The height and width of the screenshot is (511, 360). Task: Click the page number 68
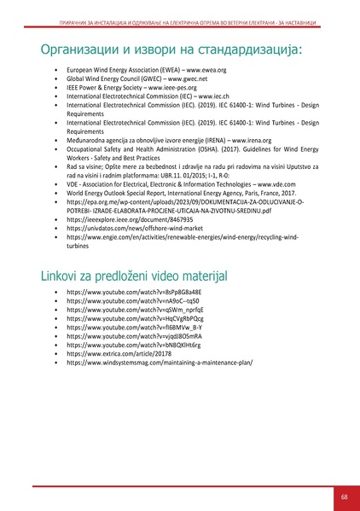point(344,496)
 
